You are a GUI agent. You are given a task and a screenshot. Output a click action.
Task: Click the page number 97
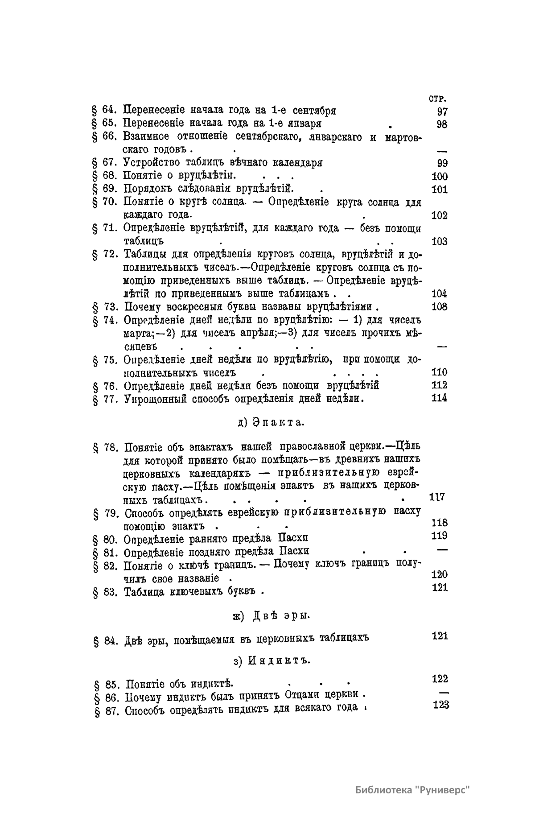pyautogui.click(x=442, y=111)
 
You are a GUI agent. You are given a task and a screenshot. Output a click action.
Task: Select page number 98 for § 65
pyautogui.click(x=442, y=124)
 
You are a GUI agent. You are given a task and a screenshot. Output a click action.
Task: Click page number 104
pyautogui.click(x=440, y=293)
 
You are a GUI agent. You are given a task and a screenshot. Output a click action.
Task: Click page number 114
pyautogui.click(x=440, y=398)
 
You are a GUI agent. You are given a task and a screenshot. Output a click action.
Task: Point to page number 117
pyautogui.click(x=437, y=497)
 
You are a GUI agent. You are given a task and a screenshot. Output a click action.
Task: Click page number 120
pyautogui.click(x=440, y=574)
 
